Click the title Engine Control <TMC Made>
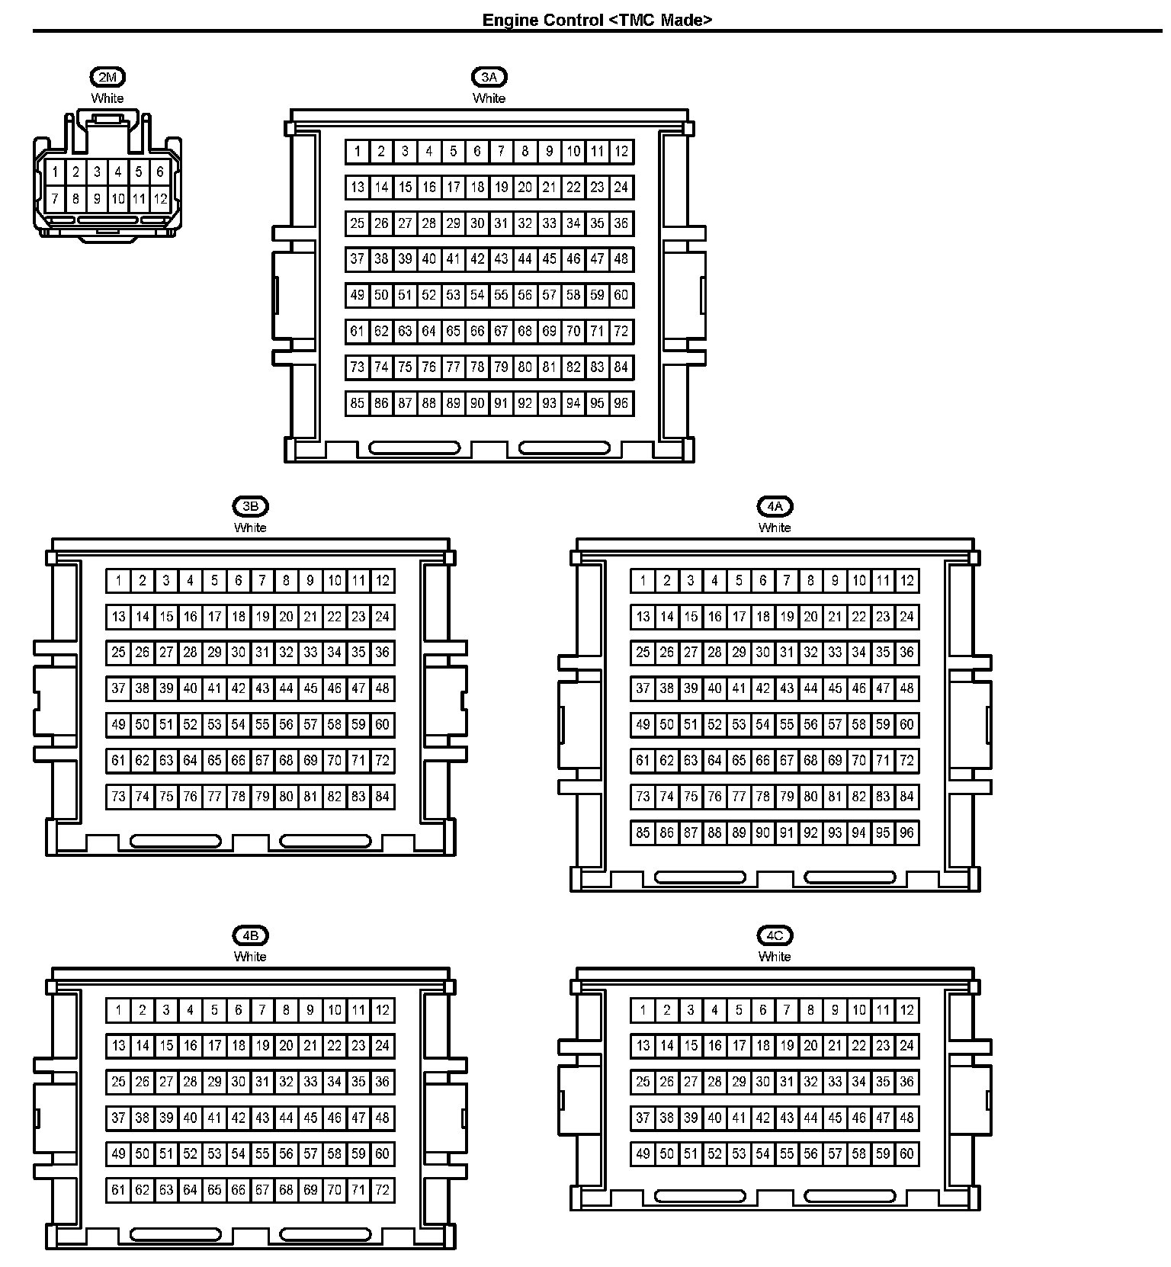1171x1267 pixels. [x=597, y=20]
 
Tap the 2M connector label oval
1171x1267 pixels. [x=107, y=76]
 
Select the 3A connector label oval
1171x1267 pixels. [x=489, y=76]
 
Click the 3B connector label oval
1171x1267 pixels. [x=250, y=506]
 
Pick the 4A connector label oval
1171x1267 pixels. [x=775, y=506]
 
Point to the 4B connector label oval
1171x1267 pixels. [x=250, y=935]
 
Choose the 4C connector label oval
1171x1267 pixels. [x=775, y=935]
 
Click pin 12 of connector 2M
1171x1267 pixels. [x=160, y=200]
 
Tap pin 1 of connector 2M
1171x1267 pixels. [x=55, y=172]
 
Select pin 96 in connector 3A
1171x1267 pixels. [x=621, y=403]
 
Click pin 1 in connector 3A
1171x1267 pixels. [x=358, y=151]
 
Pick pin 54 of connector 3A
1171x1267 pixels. [x=477, y=295]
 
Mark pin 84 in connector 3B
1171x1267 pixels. [x=383, y=797]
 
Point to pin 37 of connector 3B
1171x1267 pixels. [x=118, y=688]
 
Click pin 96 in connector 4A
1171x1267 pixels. [x=906, y=832]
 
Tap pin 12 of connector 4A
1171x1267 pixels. [x=906, y=581]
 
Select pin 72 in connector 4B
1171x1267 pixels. [x=383, y=1190]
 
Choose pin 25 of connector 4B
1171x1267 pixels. [x=118, y=1082]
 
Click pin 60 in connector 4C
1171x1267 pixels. [x=906, y=1154]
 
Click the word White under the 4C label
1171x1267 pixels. [x=775, y=957]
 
